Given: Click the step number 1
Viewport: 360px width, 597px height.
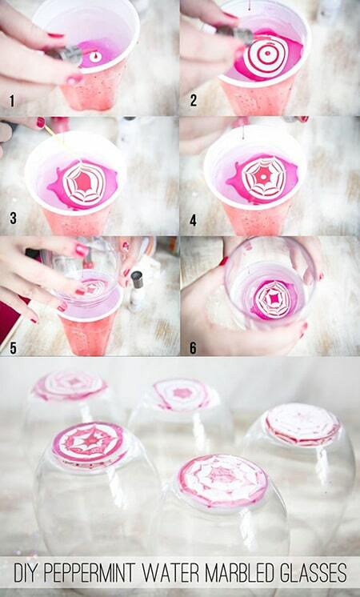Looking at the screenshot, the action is pyautogui.click(x=12, y=102).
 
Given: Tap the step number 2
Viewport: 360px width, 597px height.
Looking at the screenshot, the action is pyautogui.click(x=194, y=101).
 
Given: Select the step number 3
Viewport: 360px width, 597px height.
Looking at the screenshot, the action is pyautogui.click(x=13, y=218).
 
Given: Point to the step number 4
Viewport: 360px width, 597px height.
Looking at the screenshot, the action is pyautogui.click(x=194, y=220).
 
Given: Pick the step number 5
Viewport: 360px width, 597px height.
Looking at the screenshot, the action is pyautogui.click(x=13, y=347).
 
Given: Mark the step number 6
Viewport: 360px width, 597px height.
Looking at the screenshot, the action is pyautogui.click(x=194, y=347).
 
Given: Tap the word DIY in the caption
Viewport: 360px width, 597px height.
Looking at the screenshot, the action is pyautogui.click(x=24, y=572).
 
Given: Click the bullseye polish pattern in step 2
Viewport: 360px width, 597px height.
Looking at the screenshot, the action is pyautogui.click(x=266, y=55).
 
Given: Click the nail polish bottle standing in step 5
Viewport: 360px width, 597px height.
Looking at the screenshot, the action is pyautogui.click(x=136, y=290).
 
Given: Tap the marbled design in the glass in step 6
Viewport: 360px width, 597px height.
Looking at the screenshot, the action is pyautogui.click(x=273, y=299).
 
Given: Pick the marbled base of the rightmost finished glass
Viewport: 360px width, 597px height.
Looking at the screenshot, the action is pyautogui.click(x=302, y=423).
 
